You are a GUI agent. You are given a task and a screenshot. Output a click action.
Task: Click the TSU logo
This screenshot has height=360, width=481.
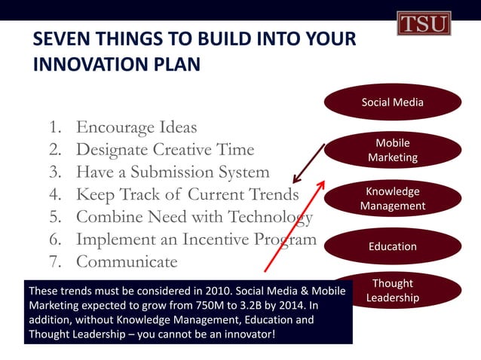coord(423,23)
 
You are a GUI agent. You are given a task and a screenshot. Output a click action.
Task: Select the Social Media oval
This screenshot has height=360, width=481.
coord(392,102)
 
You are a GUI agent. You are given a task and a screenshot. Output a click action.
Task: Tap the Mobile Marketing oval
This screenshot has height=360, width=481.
coord(392,150)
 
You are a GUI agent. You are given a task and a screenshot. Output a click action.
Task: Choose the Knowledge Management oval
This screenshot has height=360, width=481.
coord(392,198)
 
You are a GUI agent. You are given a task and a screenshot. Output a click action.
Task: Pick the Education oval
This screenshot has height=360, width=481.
coord(392,246)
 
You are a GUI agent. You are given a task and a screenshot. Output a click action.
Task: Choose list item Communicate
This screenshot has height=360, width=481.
coord(127,262)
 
